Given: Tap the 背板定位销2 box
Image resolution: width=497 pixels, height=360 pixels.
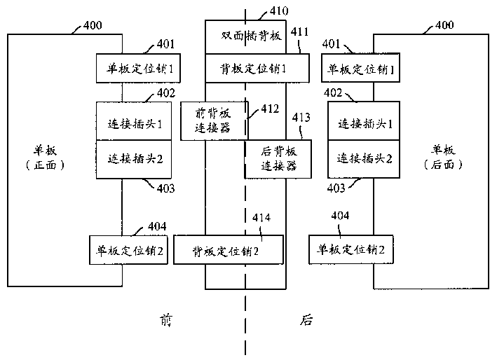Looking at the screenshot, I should point(229,250).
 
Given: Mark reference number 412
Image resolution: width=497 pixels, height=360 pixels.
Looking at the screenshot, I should point(269,109).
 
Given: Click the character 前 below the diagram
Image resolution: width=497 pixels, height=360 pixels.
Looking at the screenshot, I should point(165,321).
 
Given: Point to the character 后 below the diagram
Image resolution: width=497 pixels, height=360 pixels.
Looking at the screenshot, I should point(306,321).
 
